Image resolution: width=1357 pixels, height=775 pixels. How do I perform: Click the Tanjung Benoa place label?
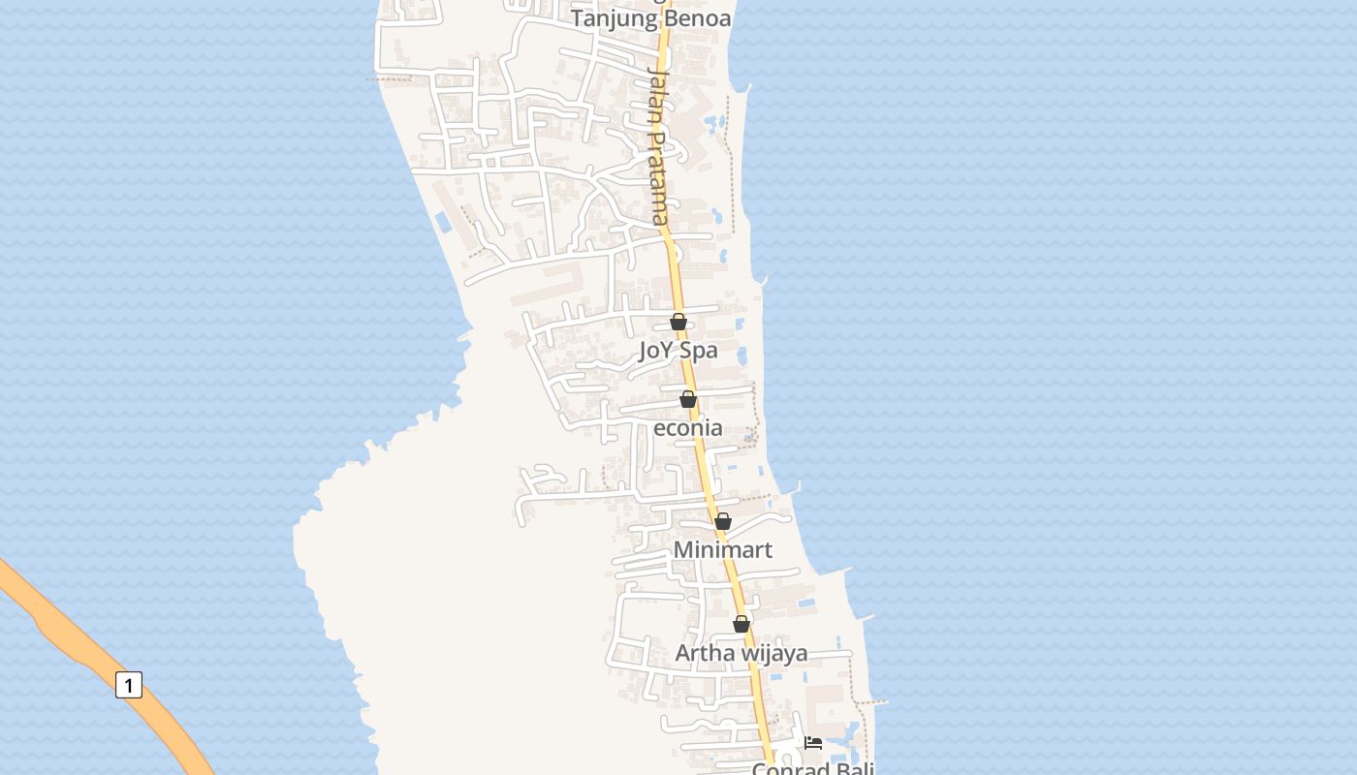point(650,18)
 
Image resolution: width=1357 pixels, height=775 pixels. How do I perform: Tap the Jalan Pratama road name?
point(657,145)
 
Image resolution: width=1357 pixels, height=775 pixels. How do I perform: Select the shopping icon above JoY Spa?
point(678,322)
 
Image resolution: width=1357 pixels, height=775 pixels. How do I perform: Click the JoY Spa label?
point(678,350)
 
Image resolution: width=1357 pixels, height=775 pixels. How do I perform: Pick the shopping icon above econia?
point(688,399)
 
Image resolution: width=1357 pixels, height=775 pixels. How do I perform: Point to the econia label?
point(688,427)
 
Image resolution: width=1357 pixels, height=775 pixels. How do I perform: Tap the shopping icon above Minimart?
point(723,521)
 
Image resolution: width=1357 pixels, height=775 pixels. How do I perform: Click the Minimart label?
point(723,549)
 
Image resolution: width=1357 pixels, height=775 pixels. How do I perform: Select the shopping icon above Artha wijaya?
point(742,624)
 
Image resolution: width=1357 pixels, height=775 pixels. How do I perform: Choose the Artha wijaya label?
point(742,653)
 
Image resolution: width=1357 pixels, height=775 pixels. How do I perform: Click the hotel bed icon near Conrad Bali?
point(813,743)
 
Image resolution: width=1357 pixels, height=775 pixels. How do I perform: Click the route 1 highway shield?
point(129,685)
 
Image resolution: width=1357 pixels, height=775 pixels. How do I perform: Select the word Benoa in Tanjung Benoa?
point(693,18)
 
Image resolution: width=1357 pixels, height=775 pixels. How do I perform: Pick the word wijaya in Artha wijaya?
point(774,653)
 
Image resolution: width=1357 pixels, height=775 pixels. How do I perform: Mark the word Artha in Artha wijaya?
point(705,653)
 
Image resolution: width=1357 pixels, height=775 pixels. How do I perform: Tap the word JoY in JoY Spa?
point(656,350)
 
